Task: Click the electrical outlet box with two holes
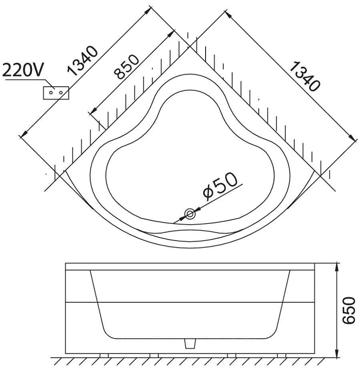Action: coord(56,93)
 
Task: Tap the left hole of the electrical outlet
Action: coord(51,92)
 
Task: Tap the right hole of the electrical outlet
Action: coord(61,92)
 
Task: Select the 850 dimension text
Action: coord(126,67)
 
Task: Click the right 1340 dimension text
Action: coord(305,76)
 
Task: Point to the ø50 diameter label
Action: coord(220,185)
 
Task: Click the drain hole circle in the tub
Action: coord(190,214)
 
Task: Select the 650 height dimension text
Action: coord(348,310)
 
